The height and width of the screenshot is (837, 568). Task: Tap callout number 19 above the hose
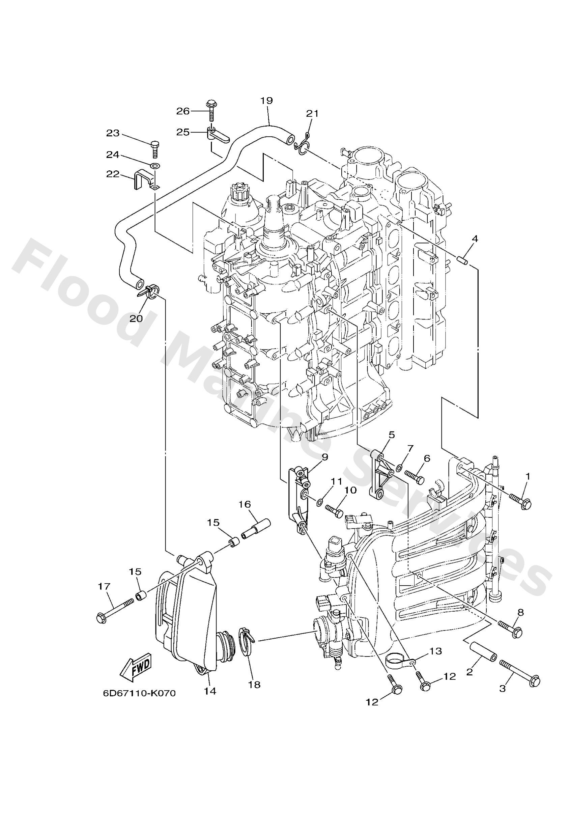(x=266, y=101)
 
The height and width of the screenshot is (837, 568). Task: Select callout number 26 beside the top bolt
(x=182, y=111)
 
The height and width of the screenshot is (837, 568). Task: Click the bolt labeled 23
(x=155, y=148)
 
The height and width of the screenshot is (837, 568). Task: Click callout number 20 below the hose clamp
(x=136, y=318)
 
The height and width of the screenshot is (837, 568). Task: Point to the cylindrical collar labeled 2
(x=483, y=650)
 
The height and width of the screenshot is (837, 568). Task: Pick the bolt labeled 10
(x=334, y=511)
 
